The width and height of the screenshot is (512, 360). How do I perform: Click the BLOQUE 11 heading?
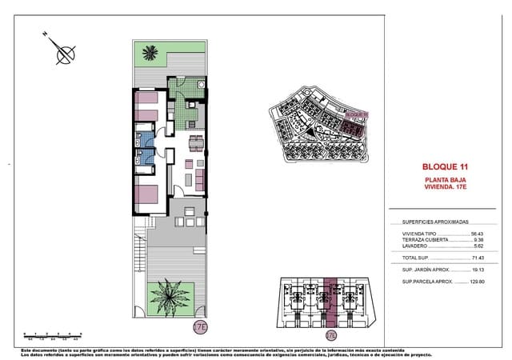444,166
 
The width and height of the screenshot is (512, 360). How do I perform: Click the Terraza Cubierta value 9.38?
478,240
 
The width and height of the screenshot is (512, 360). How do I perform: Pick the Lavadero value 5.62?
478,246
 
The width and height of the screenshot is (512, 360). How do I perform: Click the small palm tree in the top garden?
150,54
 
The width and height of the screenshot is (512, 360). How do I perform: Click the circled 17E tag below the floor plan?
200,326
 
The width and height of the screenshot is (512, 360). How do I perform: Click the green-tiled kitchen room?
186,117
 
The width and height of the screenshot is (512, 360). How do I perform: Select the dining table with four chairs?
195,144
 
